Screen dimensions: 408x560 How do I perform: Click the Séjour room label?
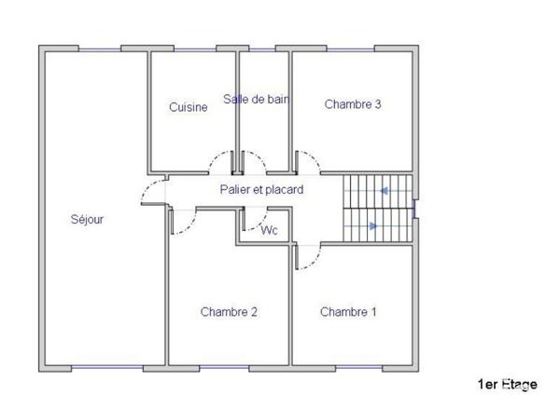point(87,220)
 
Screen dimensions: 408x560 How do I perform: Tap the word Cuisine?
point(188,107)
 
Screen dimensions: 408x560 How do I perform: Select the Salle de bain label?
point(255,99)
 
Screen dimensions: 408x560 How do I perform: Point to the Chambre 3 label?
point(352,104)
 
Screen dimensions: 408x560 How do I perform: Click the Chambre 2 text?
point(229,312)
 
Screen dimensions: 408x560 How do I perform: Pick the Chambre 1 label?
point(348,312)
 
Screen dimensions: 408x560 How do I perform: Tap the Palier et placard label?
point(261,189)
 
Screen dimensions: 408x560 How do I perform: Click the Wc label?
point(269,230)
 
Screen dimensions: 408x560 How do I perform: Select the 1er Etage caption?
point(507,384)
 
